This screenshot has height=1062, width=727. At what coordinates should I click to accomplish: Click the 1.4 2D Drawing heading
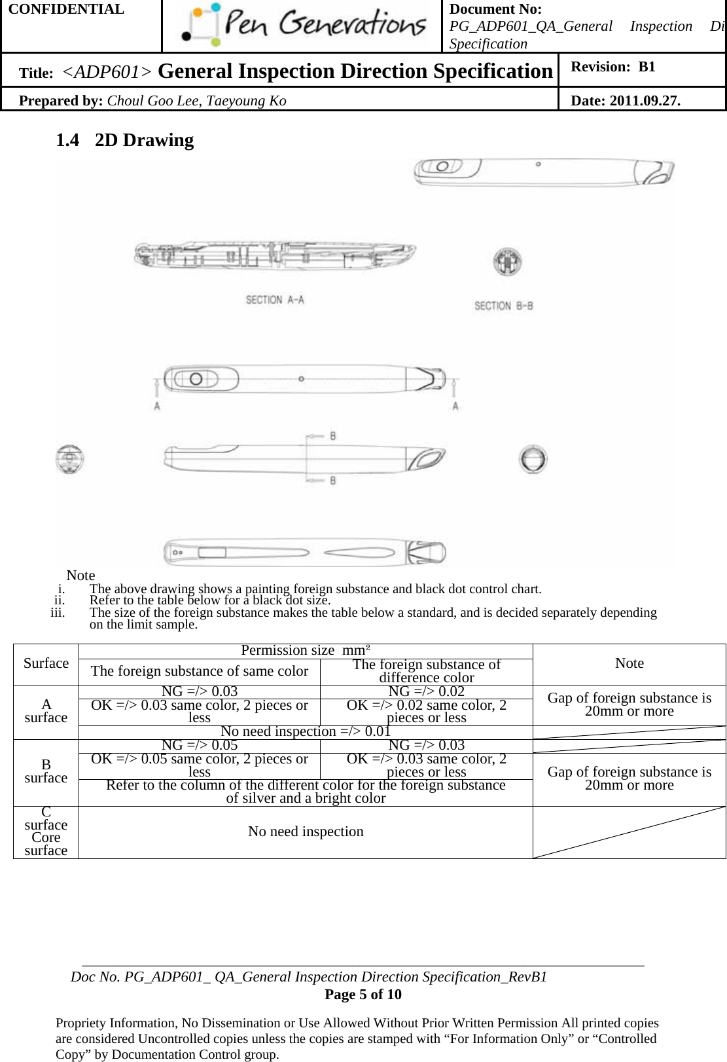coord(125,140)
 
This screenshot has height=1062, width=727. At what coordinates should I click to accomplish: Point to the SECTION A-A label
coord(275,300)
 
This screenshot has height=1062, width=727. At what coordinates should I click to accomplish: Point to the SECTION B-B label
coord(503,305)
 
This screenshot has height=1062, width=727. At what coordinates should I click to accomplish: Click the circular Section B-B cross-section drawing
coord(508,263)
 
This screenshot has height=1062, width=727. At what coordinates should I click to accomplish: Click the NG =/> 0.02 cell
coord(426,691)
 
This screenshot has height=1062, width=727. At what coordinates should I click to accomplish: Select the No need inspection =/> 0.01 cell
coord(306,731)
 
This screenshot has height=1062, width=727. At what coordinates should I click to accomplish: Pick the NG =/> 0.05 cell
coord(200,745)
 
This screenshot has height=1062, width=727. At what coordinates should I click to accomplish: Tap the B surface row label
coord(46,771)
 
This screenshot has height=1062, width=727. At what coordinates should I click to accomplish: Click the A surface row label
coord(46,711)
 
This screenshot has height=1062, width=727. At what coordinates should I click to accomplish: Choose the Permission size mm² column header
coord(306,650)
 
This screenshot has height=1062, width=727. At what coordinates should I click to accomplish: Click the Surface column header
coord(46,663)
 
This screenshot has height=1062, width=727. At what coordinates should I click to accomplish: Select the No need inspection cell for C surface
coord(306,832)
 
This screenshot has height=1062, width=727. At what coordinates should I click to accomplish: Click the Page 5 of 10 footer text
coord(363,995)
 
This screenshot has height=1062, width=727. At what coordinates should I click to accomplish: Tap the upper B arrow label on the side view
coord(333,436)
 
